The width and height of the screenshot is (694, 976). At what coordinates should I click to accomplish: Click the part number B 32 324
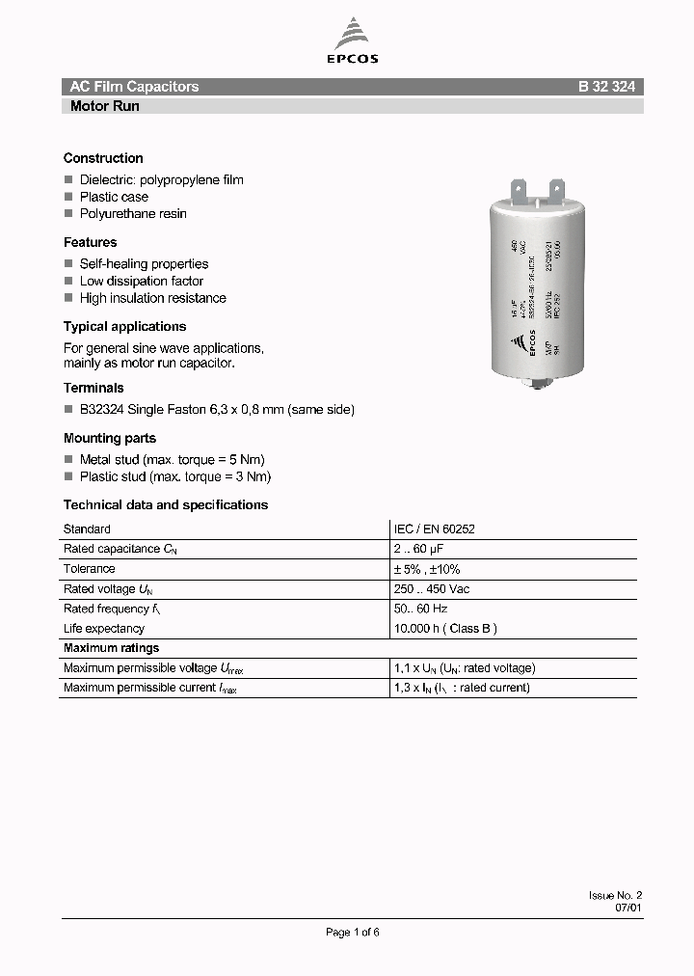coord(606,87)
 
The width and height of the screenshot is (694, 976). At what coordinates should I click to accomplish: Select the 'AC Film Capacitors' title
coord(134,87)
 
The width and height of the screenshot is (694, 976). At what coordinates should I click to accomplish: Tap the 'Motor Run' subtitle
coord(104,106)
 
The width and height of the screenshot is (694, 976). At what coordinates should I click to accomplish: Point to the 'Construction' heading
coord(103,158)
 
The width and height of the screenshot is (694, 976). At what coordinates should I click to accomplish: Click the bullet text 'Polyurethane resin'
coord(133,213)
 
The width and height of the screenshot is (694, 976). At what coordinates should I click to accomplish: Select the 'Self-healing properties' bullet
coord(144,263)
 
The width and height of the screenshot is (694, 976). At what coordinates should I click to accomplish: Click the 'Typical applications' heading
coord(124,326)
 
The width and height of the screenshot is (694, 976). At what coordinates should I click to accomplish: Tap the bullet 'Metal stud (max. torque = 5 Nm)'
coord(172,459)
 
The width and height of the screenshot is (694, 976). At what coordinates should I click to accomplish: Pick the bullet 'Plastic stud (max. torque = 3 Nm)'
coord(174,476)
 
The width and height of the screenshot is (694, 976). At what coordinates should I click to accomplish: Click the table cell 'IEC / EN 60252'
coord(434,529)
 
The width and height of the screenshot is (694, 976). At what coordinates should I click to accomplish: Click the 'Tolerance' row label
coord(89,569)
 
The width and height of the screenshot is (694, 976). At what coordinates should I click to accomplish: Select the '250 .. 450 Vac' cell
coord(432,588)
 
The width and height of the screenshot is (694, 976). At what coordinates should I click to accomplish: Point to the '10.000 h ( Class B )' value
coord(445,629)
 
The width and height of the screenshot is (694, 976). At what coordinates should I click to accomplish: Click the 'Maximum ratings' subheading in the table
coord(111,648)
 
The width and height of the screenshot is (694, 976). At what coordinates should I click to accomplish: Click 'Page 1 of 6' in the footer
coord(353,932)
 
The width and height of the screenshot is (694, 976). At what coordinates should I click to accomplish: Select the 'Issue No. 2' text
coord(615,895)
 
